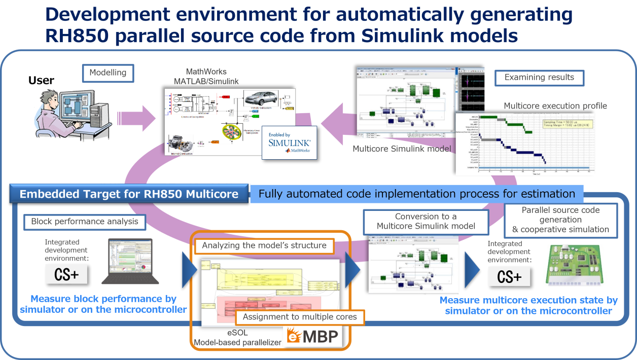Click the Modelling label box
point(108,73)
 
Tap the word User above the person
point(41,81)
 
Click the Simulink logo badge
point(289,142)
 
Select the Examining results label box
point(539,78)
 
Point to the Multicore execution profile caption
point(555,106)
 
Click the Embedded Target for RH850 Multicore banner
point(129,194)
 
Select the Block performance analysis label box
point(85,222)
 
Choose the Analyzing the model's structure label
point(264,245)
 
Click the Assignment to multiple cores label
point(300,317)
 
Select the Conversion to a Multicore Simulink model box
point(426,221)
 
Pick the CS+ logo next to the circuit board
point(509,277)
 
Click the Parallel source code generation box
point(560,220)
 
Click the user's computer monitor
point(77,107)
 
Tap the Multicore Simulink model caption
point(401,149)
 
